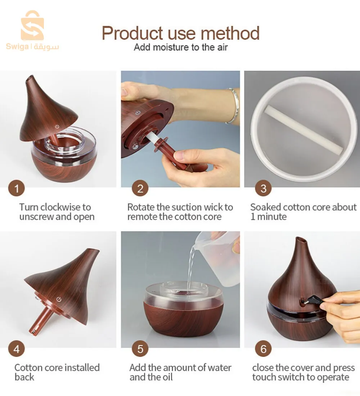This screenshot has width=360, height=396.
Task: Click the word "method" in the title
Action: tap(230, 33)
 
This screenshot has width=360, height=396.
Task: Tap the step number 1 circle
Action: tap(17, 188)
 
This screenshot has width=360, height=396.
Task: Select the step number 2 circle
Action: tap(140, 188)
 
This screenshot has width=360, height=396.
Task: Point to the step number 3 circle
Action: tap(263, 188)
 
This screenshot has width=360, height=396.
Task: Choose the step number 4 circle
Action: tap(17, 349)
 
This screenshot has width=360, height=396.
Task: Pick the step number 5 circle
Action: tap(140, 349)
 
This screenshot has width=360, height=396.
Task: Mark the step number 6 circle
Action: tap(263, 349)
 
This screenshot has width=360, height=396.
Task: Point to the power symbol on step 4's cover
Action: tap(59, 300)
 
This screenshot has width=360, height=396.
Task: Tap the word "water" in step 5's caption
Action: tap(219, 368)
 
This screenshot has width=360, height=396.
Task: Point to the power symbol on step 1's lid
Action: tap(57, 126)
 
